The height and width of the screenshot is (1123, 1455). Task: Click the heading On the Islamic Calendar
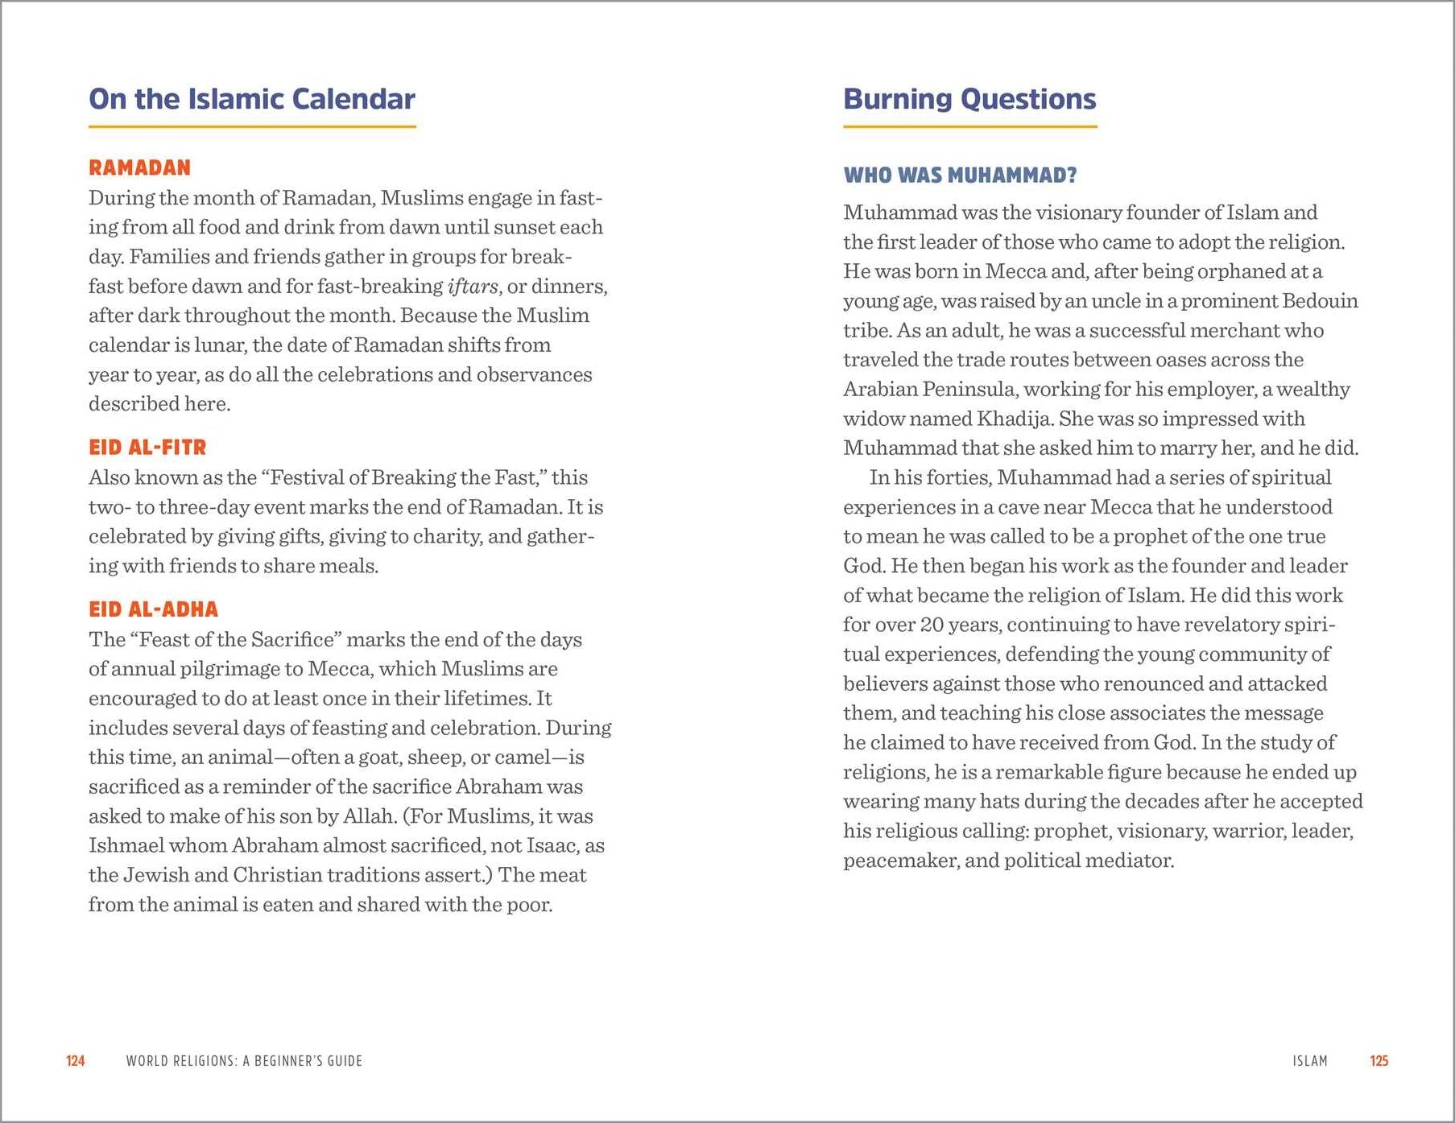coord(251,99)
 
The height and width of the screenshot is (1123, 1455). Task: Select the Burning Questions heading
coord(969,99)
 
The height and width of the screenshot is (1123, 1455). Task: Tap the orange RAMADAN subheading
coord(139,167)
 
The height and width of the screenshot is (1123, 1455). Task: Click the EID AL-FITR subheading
coord(147,448)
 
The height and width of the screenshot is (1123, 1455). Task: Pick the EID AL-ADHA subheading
coord(153,609)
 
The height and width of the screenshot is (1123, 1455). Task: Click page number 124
coord(75,1061)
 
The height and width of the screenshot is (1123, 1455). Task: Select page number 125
coord(1379,1061)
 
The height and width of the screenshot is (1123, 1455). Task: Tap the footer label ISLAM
coord(1310,1061)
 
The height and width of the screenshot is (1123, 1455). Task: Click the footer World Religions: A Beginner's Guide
coord(244,1061)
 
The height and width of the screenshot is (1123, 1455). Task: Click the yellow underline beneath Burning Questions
coord(969,126)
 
